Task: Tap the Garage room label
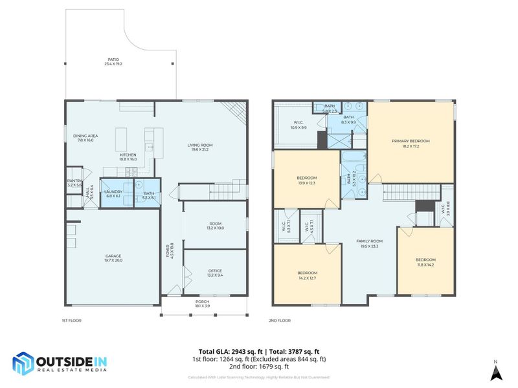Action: point(113,258)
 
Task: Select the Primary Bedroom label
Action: point(410,144)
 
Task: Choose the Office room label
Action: point(215,273)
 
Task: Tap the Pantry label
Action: point(74,183)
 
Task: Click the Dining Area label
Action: point(85,138)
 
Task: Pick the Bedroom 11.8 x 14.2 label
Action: point(425,262)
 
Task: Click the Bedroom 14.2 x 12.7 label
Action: point(307,275)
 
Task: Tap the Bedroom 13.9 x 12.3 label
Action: point(306,180)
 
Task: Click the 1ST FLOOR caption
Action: point(71,320)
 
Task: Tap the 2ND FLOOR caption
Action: point(280,320)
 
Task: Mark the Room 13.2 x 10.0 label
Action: point(215,226)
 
